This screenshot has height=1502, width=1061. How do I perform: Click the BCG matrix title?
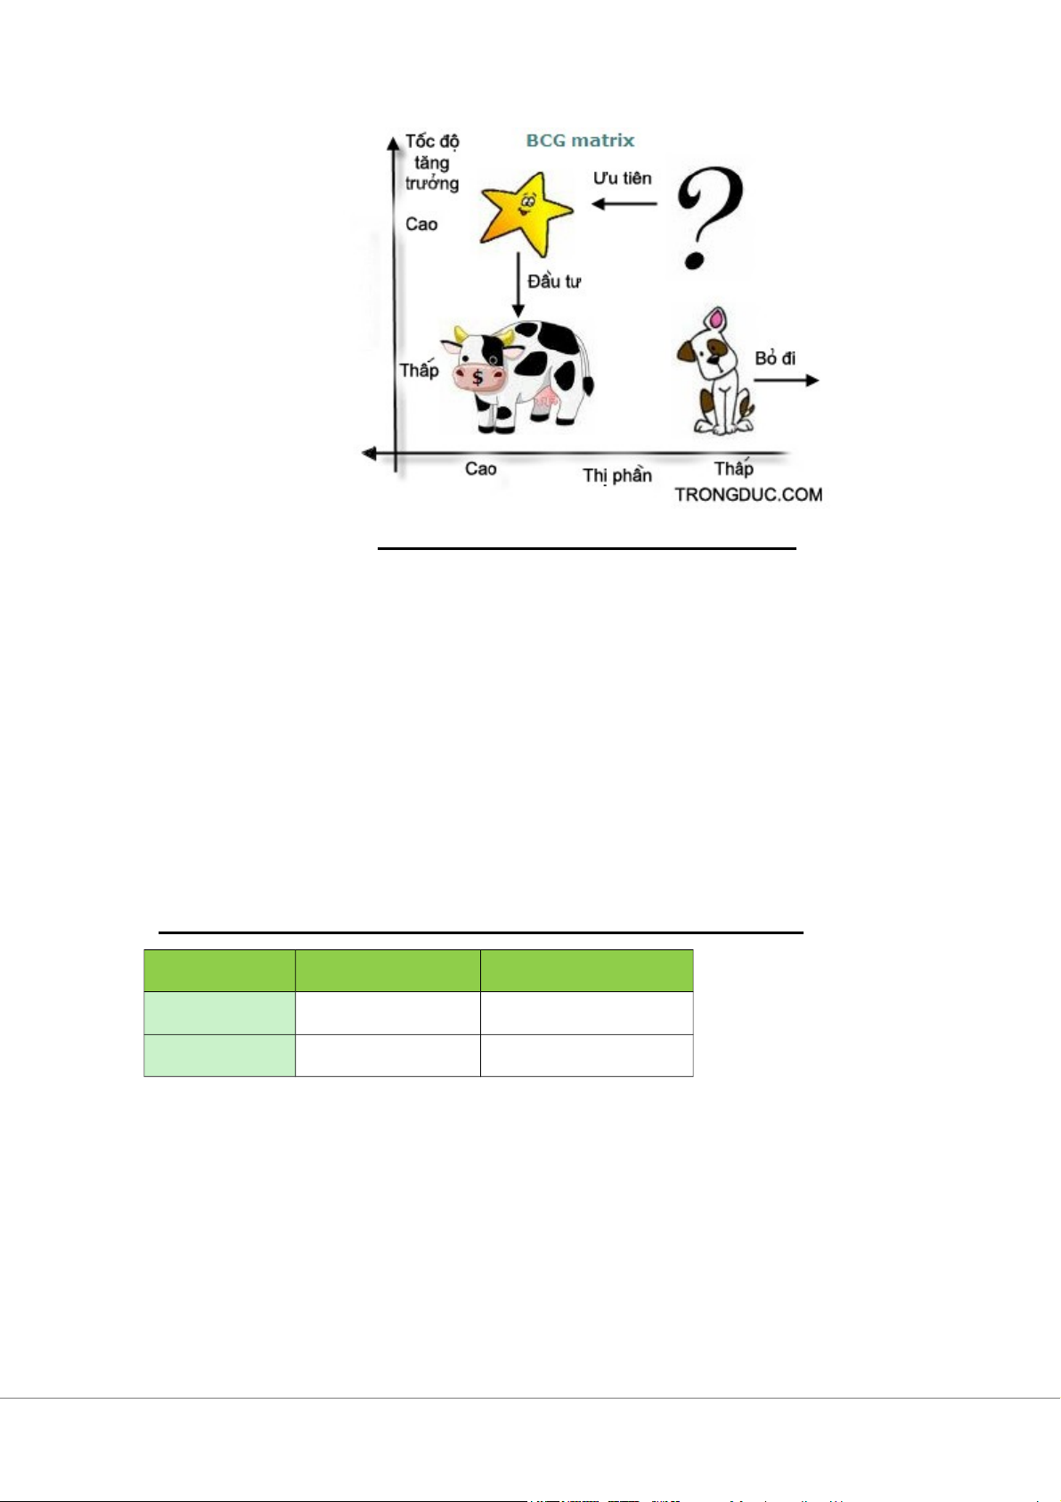point(580,140)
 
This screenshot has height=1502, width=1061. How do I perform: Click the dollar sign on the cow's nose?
point(477,377)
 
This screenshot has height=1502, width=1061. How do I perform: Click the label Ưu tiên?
point(623,178)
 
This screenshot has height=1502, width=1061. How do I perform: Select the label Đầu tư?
point(553,282)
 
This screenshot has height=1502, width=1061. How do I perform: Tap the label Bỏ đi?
point(775,358)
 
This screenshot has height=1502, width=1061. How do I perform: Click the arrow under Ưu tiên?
point(624,204)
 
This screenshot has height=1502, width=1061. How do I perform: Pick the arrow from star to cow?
point(518,285)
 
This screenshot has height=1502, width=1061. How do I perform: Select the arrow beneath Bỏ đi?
point(786,381)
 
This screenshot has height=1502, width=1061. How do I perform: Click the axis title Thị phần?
point(617,475)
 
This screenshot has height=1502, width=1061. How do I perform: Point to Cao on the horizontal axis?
point(481,469)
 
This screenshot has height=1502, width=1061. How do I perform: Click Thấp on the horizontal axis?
point(733,468)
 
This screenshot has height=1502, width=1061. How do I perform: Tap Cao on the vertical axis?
point(421,224)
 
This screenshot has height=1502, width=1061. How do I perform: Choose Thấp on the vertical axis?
point(419,369)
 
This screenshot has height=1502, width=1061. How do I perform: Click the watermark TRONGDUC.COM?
point(748,495)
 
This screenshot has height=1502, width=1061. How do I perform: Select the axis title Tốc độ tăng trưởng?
point(432,162)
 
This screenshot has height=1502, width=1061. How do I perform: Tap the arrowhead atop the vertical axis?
point(393,142)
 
